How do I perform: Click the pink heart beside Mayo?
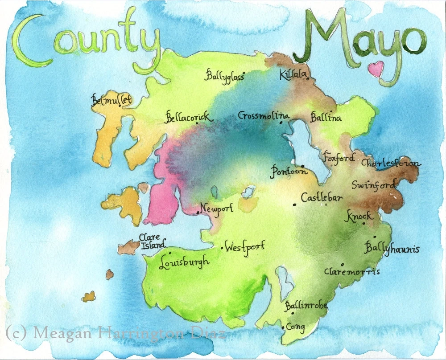point(376,69)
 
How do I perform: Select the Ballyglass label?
point(225,76)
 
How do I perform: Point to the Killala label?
point(292,75)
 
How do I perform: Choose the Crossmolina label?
point(263,116)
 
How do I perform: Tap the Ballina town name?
point(326,118)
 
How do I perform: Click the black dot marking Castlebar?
point(295,205)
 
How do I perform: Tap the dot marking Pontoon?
point(303,166)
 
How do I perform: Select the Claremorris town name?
point(352,271)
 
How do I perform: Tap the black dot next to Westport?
point(222,248)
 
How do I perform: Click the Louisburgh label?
point(184,262)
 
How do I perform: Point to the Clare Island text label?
point(152,241)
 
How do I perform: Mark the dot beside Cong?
point(283,328)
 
